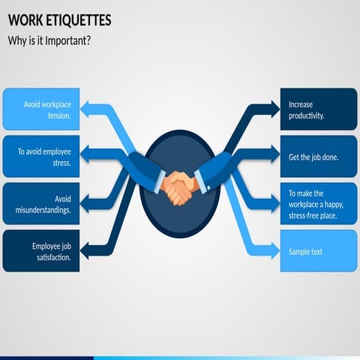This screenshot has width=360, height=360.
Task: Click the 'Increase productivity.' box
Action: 319,109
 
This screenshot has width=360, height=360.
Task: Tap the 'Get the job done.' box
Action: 319,157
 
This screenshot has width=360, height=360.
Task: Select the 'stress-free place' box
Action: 319,204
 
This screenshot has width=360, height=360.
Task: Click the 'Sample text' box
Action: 319,251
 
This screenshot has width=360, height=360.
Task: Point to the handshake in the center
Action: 180,187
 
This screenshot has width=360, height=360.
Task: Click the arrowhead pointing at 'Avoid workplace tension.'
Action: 87,109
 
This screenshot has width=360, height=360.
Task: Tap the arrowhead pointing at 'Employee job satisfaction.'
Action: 87,250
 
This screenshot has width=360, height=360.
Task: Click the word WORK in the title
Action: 24,19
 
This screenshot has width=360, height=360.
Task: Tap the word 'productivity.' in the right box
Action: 306,116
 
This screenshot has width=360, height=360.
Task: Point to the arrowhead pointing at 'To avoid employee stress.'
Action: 87,156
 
